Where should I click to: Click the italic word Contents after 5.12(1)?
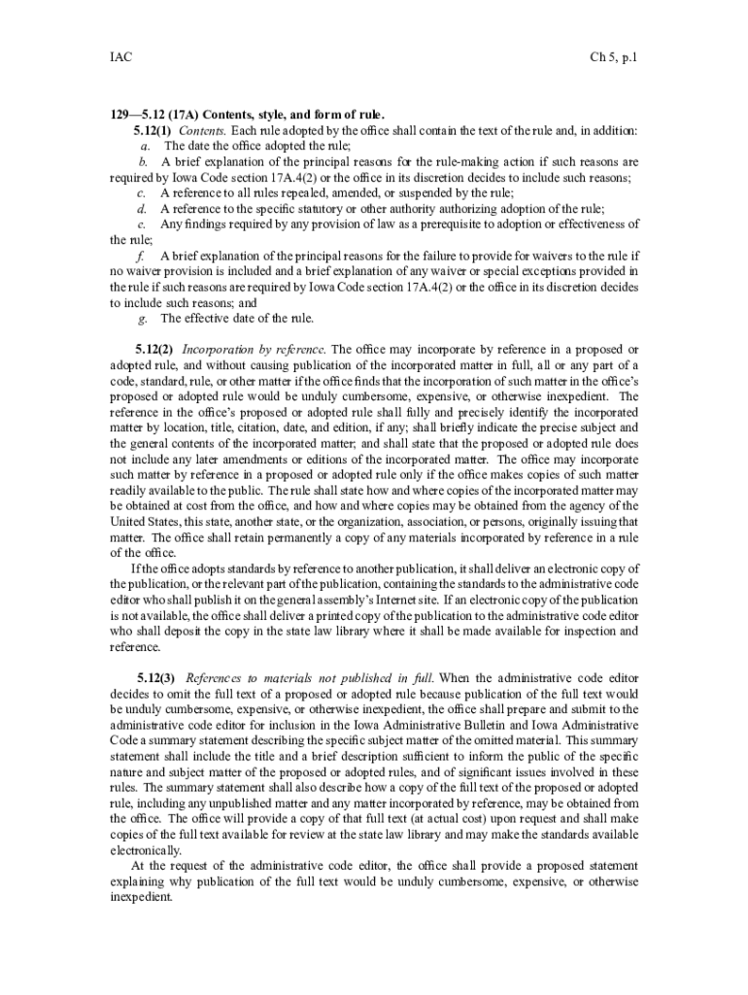pyautogui.click(x=202, y=130)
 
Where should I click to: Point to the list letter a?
pyautogui.click(x=144, y=146)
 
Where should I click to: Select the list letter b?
pyautogui.click(x=143, y=161)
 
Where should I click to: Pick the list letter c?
pyautogui.click(x=143, y=193)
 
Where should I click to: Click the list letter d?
pyautogui.click(x=143, y=209)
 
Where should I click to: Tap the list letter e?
pyautogui.click(x=143, y=224)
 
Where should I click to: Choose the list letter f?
pyautogui.click(x=143, y=256)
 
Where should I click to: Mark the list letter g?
pyautogui.click(x=144, y=318)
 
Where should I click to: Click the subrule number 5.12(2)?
pyautogui.click(x=153, y=349)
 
